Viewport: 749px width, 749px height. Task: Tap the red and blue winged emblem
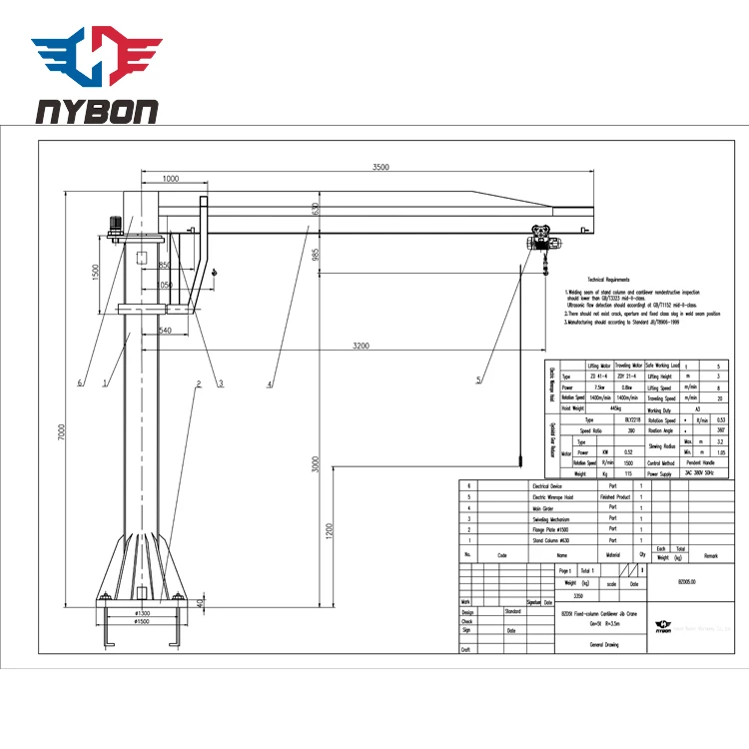[95, 55]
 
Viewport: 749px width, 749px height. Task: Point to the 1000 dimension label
[170, 178]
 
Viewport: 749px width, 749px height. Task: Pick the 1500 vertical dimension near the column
[94, 272]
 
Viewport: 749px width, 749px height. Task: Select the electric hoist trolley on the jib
[542, 240]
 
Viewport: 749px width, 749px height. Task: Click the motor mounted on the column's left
[117, 226]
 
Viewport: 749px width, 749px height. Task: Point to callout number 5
[478, 379]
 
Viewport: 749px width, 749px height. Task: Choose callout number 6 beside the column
[79, 380]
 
